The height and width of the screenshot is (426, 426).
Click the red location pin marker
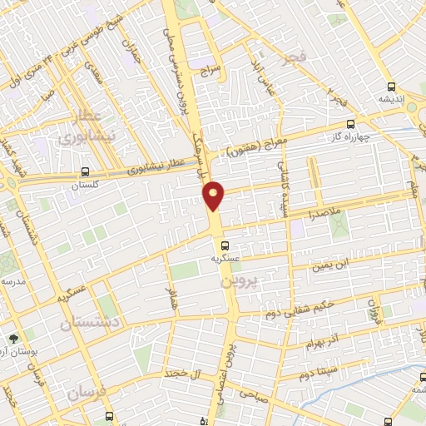point(214,195)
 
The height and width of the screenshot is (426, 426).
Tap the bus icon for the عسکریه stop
point(225,245)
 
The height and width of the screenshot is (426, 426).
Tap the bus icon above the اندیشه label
point(391,87)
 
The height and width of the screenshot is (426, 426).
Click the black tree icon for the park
point(13,339)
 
